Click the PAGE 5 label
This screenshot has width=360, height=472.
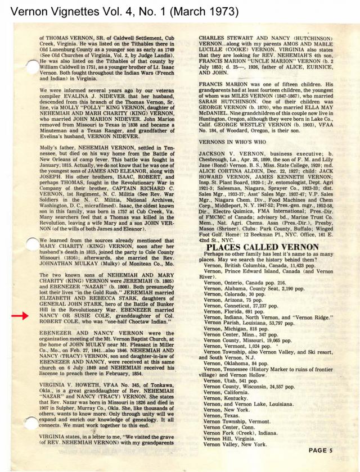pos(326,450)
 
